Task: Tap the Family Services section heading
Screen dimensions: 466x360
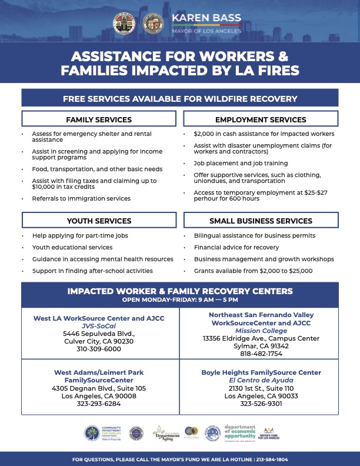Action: [x=98, y=119]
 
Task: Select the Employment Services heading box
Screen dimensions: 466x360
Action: [x=261, y=119]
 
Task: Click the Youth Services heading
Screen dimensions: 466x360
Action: [x=98, y=221]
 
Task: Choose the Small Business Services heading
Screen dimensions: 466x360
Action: [x=261, y=221]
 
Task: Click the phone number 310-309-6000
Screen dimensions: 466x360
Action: [x=99, y=349]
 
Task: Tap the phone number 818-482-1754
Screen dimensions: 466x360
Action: [x=261, y=354]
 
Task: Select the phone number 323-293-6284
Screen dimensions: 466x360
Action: [x=99, y=404]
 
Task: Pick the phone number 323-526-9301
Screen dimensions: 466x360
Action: [x=261, y=404]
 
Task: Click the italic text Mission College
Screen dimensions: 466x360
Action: [x=261, y=331]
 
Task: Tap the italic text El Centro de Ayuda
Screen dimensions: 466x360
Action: [x=261, y=381]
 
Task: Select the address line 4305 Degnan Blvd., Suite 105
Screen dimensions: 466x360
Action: [x=99, y=388]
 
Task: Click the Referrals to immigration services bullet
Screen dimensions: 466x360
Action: [x=81, y=199]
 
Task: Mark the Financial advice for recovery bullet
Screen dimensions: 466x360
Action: [x=236, y=247]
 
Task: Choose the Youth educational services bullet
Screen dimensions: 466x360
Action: [x=72, y=247]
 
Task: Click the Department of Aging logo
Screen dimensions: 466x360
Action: [x=165, y=432]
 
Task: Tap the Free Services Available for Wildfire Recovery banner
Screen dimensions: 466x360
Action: [x=180, y=98]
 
